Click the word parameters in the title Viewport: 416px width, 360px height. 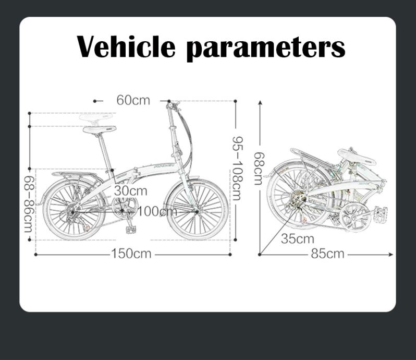[x=266, y=47]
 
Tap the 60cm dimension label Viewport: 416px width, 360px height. [x=133, y=100]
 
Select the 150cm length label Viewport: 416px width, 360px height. [x=131, y=254]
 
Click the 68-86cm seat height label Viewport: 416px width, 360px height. [x=28, y=204]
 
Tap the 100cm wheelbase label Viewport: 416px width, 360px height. [x=157, y=211]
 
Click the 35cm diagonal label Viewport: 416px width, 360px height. [x=298, y=239]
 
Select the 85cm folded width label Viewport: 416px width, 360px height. [x=327, y=254]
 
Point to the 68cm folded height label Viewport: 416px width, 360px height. [x=259, y=169]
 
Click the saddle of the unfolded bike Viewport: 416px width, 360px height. [x=99, y=129]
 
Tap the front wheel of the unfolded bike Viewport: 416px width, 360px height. [x=198, y=209]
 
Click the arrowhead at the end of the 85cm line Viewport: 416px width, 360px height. [x=390, y=255]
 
